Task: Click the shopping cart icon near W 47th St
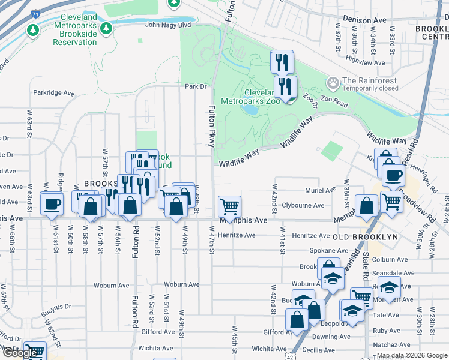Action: pos(230,206)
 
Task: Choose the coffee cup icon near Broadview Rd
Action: pos(393,175)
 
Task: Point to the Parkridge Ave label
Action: pos(53,94)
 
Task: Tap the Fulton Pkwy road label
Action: pos(212,126)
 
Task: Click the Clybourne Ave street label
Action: pos(303,205)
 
